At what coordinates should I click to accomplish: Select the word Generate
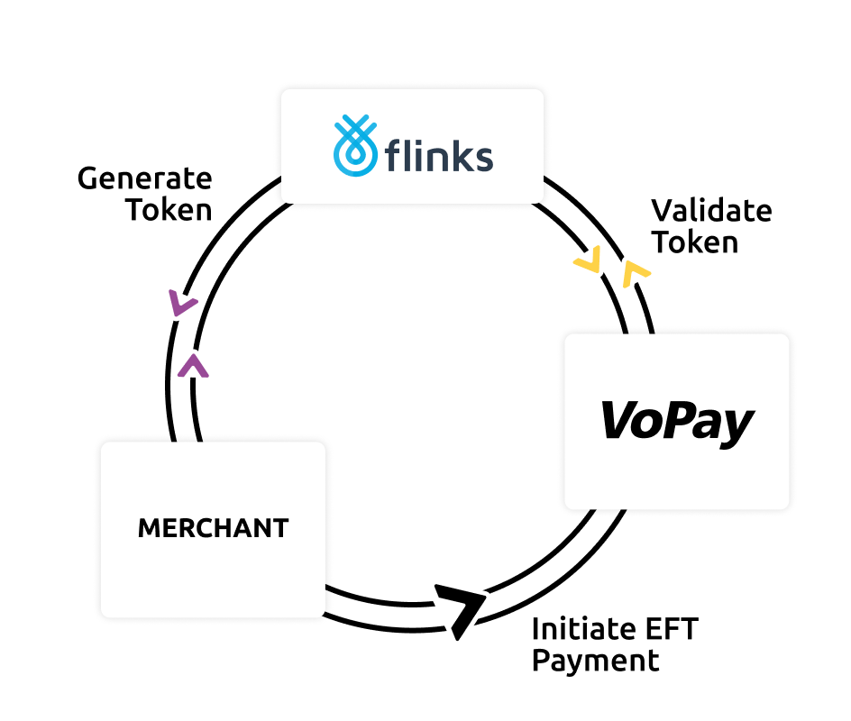tap(144, 178)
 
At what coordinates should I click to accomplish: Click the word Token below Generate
tap(169, 210)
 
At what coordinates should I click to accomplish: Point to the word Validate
tap(711, 212)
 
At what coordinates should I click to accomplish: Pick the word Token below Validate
tap(694, 242)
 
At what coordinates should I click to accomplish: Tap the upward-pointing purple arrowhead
tap(194, 365)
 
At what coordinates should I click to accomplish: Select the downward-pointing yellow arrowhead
tap(588, 262)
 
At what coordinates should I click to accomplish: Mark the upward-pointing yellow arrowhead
tap(636, 270)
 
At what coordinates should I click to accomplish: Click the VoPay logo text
tap(677, 421)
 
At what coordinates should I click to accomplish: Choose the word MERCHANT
tap(213, 528)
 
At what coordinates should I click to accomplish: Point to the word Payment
tap(595, 661)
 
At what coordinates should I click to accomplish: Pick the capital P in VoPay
tap(682, 421)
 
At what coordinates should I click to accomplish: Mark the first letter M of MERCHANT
tap(148, 528)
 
